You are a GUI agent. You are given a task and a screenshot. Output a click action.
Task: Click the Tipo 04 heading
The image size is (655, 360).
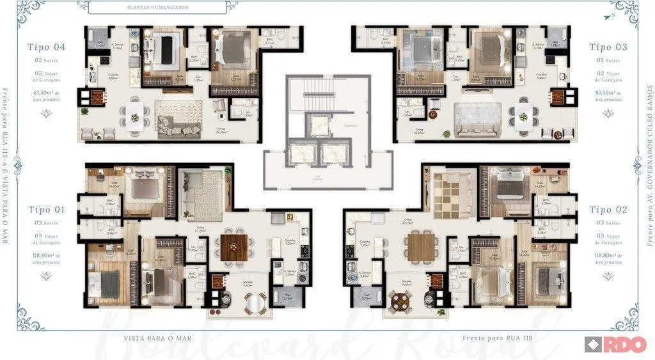coord(46,47)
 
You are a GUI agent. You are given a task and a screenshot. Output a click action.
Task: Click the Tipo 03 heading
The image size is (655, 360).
coord(608,47)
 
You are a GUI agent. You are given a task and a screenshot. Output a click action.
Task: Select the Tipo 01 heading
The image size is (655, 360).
coord(46,209)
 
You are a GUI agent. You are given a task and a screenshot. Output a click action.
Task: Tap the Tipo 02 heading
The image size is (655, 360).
coord(608,209)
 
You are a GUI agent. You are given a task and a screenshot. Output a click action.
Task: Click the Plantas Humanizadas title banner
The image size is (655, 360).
coord(157,8)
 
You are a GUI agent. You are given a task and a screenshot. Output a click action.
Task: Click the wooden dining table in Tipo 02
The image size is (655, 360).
coord(420,244)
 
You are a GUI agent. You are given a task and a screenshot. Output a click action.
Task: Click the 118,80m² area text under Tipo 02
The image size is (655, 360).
coord(608,257)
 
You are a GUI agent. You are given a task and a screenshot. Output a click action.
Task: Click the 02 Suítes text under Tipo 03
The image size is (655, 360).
coord(608,60)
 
